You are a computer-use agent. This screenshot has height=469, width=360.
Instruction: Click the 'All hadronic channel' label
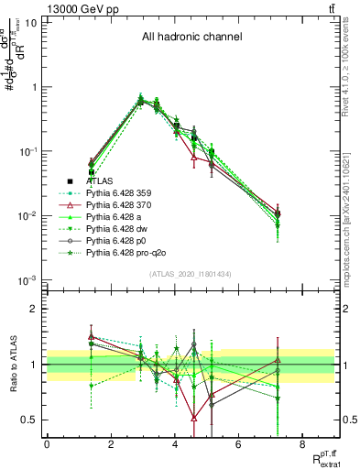tap(191, 38)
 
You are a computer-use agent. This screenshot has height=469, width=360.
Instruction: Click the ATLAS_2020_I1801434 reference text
tap(191, 275)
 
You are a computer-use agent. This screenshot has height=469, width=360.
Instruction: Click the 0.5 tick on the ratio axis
tap(31, 420)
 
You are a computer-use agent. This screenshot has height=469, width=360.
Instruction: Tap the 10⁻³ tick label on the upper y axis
tap(27, 279)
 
